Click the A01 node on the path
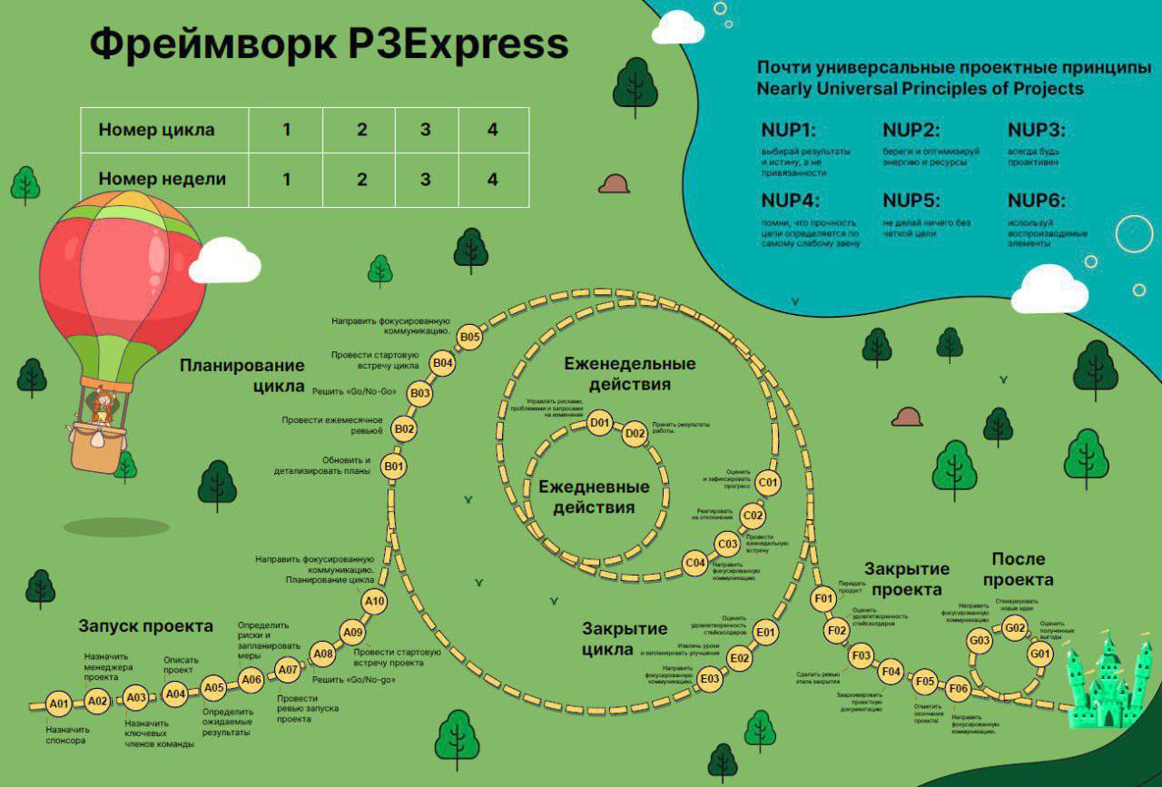click(60, 703)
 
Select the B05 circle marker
click(469, 337)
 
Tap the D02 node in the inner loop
click(635, 434)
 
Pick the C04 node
click(694, 564)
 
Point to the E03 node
click(710, 677)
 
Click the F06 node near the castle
click(959, 689)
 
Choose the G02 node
click(1014, 627)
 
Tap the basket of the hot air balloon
click(96, 447)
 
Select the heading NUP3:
click(1037, 129)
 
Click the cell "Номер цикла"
click(156, 130)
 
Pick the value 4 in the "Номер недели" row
click(493, 180)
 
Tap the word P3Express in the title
click(457, 44)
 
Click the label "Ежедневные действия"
click(594, 497)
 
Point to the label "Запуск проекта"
click(145, 626)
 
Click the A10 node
click(374, 601)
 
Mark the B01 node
click(393, 467)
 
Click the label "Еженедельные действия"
click(630, 374)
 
